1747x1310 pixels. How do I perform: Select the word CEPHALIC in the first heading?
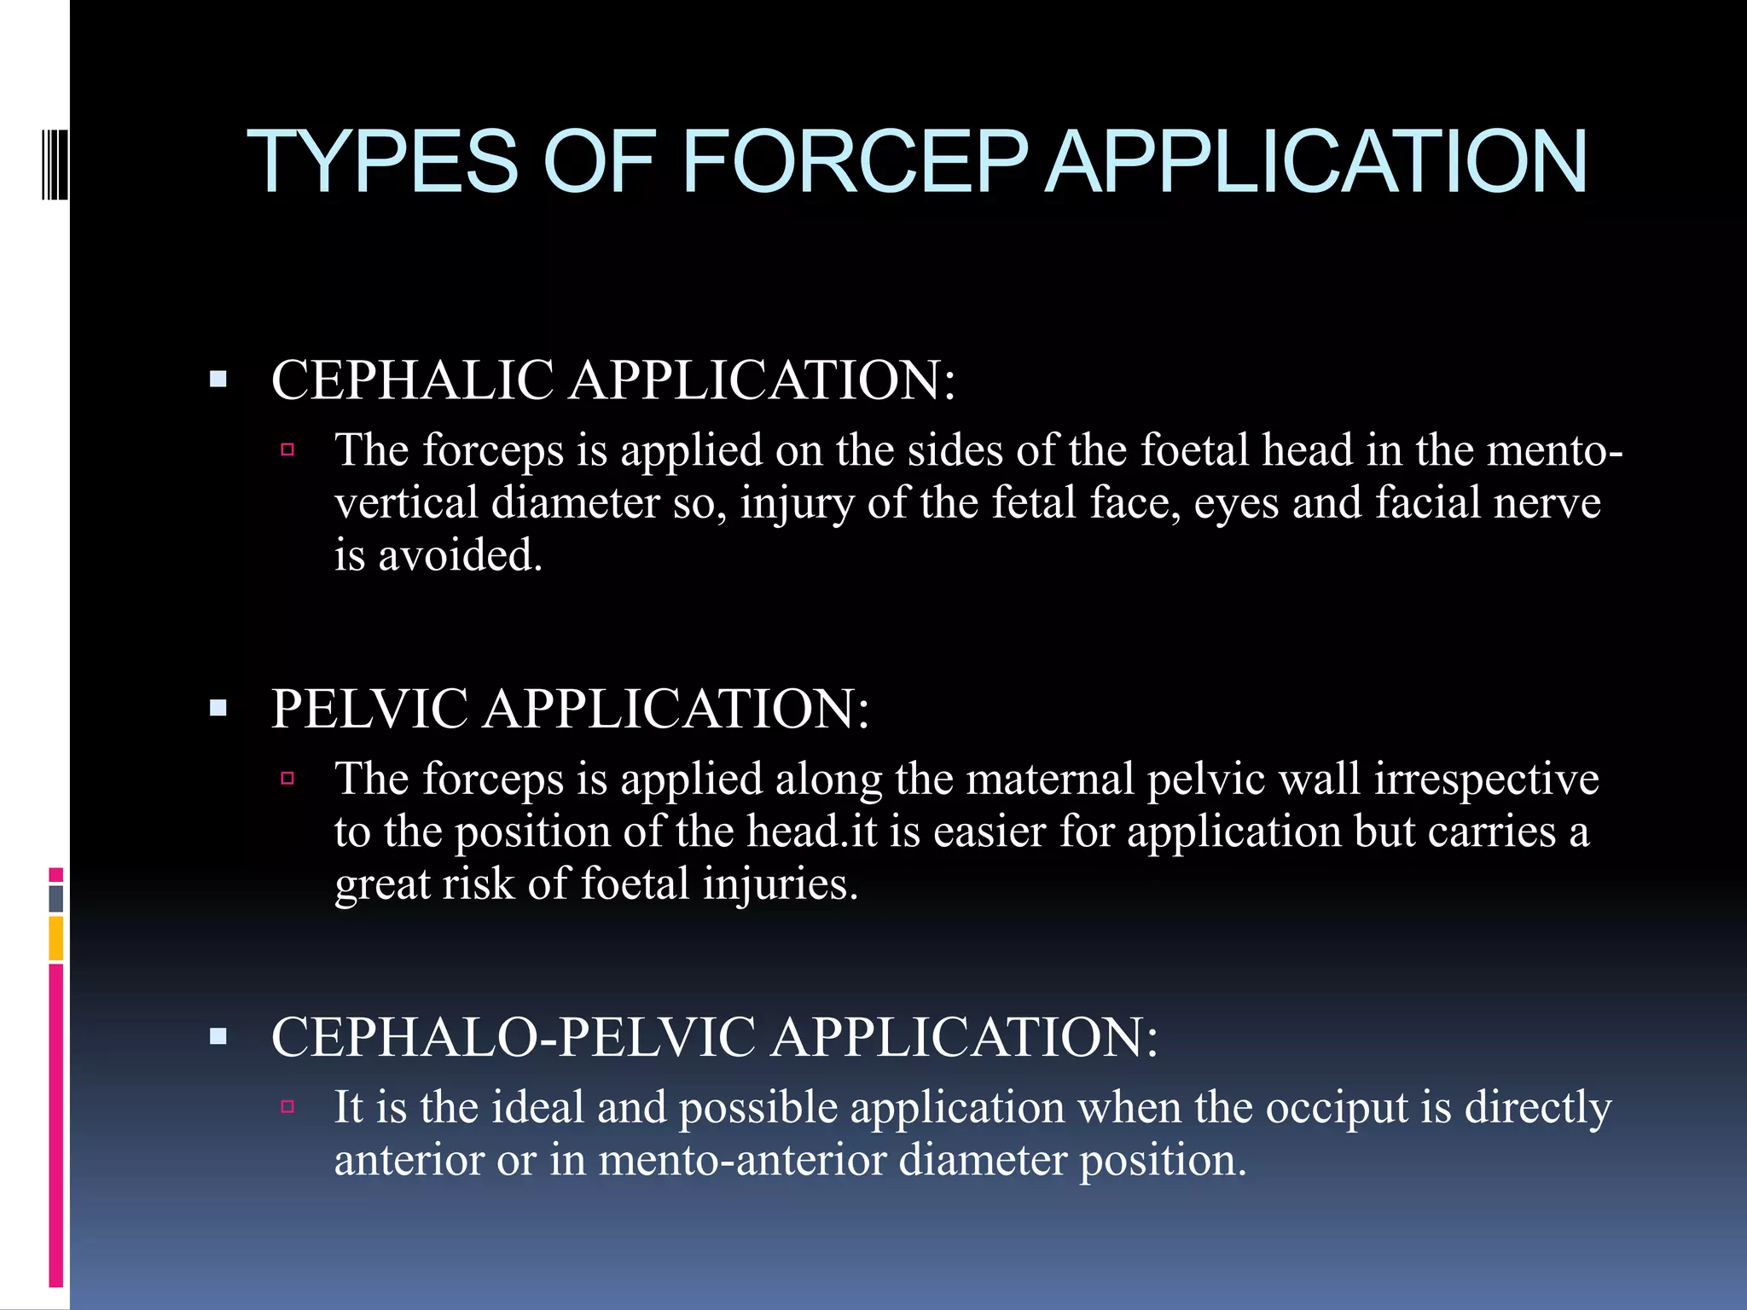[412, 380]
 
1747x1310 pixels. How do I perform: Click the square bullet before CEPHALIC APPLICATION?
[218, 379]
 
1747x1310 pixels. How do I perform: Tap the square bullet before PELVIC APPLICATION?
[218, 707]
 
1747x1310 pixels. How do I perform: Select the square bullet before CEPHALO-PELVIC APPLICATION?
[218, 1036]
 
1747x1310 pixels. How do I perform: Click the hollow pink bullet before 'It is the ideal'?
[287, 1107]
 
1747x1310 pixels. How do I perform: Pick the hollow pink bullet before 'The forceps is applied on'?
[287, 449]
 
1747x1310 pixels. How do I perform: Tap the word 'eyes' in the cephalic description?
[1236, 502]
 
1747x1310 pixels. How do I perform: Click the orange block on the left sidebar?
[56, 938]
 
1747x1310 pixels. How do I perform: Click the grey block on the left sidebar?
[56, 898]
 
